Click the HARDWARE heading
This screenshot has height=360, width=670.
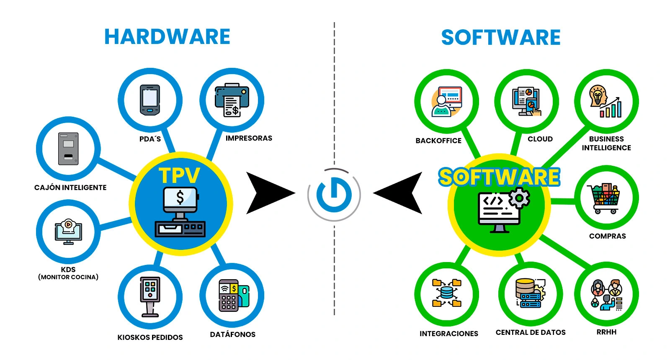coord(167,37)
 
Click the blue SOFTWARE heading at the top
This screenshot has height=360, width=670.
coord(500,38)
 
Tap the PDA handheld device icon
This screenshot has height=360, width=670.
coord(150,100)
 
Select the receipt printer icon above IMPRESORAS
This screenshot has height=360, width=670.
coord(232,100)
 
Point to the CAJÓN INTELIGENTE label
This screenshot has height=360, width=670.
coord(70,188)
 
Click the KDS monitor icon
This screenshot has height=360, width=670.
coord(68,231)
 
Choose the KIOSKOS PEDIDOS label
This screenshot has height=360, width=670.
coord(150,337)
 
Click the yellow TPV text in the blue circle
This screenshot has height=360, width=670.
coord(179,176)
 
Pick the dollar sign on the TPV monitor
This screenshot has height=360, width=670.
coord(180,197)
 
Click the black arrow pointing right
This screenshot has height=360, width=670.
coord(268,193)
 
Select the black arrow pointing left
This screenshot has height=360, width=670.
coord(400,193)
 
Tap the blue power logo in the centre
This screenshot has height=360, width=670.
coord(334,194)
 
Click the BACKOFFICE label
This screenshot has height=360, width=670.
coord(438,141)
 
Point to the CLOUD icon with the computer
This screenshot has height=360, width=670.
coord(526,101)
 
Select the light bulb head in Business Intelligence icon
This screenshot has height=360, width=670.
coord(598,96)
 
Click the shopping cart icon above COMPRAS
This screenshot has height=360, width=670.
coord(604,198)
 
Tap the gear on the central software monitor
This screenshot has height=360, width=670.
coord(519,198)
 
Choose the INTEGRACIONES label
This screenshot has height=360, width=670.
coord(449,334)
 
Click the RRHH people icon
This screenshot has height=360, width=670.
coord(606,295)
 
